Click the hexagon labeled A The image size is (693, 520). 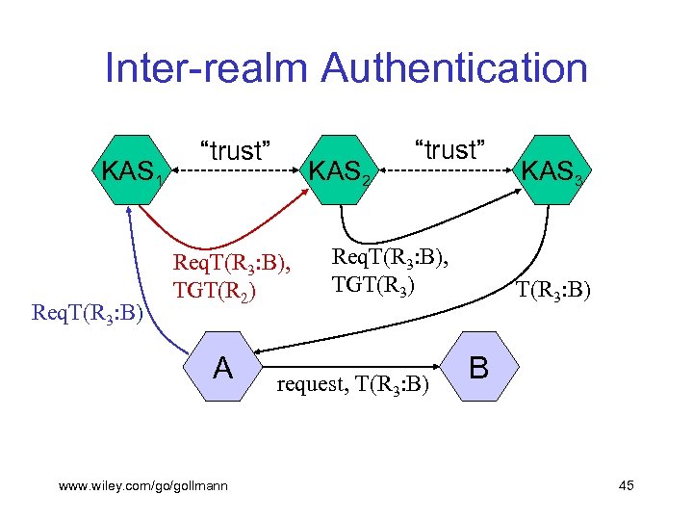222,367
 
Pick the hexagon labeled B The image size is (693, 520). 478,367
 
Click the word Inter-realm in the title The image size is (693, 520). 206,69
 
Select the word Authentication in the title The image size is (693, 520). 455,69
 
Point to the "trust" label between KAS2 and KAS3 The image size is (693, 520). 449,149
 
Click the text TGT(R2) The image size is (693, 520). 214,289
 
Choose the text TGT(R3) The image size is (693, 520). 372,284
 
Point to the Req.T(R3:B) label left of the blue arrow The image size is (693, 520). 88,312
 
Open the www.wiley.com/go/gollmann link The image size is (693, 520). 143,486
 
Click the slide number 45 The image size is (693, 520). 626,485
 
